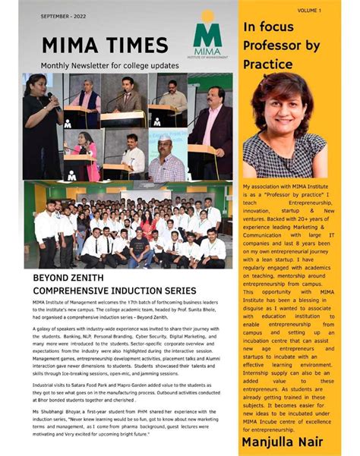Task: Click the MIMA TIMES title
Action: (x=105, y=45)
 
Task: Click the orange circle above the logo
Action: (x=207, y=15)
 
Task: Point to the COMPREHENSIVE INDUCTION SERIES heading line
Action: (x=115, y=291)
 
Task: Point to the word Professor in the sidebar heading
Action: (x=276, y=46)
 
